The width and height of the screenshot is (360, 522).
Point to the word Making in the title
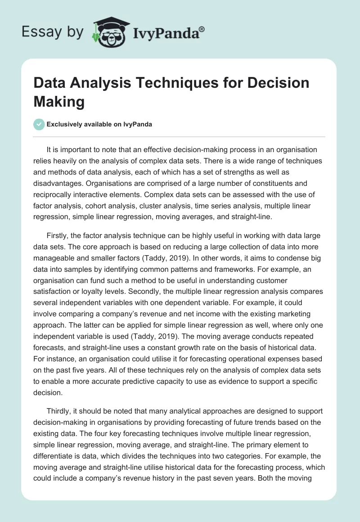(x=59, y=101)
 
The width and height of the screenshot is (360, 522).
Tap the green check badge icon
(x=39, y=124)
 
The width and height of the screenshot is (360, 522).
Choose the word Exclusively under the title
(x=67, y=125)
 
